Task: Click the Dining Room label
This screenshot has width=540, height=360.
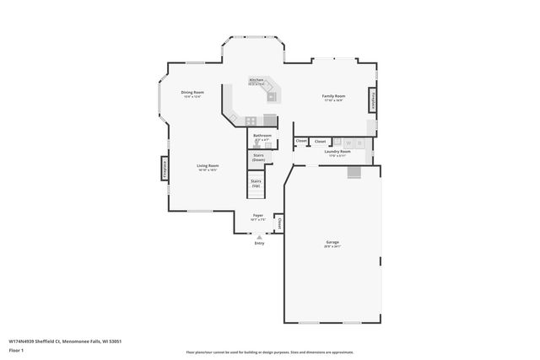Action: tap(192, 94)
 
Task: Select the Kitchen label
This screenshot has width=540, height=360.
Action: tap(256, 82)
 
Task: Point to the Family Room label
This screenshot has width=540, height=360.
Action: tap(334, 98)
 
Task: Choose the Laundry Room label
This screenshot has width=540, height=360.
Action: tap(337, 153)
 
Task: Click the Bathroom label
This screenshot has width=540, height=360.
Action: tap(262, 137)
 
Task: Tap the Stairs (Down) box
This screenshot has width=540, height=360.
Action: tap(258, 157)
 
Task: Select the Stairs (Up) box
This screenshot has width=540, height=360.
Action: tap(256, 183)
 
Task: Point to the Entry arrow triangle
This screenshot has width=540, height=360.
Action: tap(259, 237)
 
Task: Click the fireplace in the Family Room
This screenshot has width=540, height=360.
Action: tap(370, 101)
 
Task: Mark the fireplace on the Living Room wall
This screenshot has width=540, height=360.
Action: tap(165, 169)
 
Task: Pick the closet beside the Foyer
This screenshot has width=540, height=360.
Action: tap(279, 223)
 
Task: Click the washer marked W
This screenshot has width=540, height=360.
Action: tap(348, 142)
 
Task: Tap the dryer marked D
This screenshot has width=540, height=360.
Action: tap(359, 142)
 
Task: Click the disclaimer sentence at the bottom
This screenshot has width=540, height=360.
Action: tap(271, 352)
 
